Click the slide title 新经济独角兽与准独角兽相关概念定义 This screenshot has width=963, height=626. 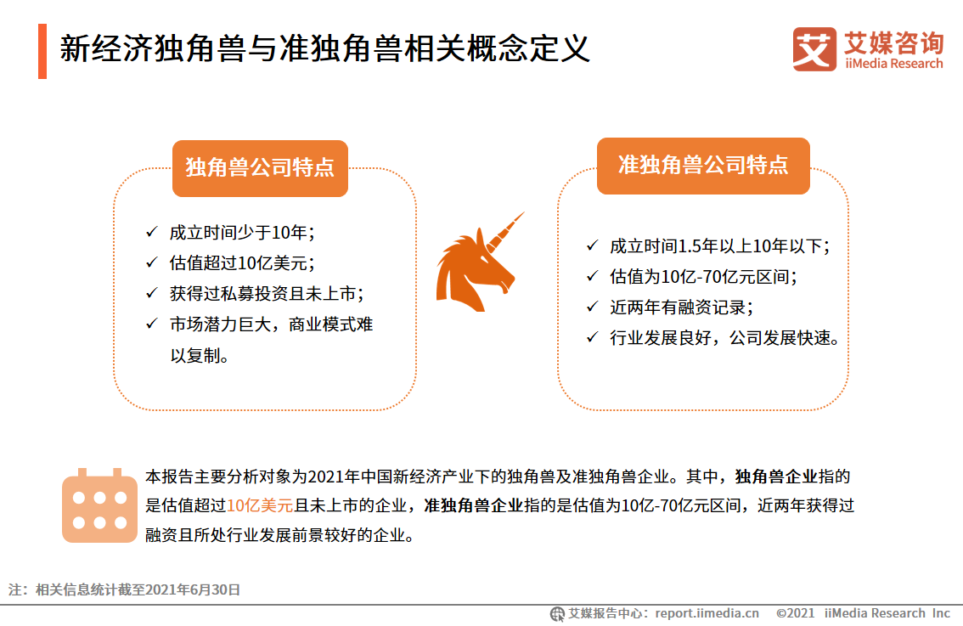(324, 49)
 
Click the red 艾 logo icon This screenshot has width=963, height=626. (814, 49)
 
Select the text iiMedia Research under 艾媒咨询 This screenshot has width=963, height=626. (893, 64)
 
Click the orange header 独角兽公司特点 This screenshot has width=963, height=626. (260, 167)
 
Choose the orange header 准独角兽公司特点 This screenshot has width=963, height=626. (703, 165)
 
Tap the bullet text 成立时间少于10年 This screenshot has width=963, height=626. (242, 232)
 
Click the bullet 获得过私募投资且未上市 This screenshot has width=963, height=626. (266, 293)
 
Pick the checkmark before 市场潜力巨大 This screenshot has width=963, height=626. (151, 324)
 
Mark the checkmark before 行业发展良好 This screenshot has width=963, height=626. (592, 337)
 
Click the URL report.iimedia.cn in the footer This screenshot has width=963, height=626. (707, 613)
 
